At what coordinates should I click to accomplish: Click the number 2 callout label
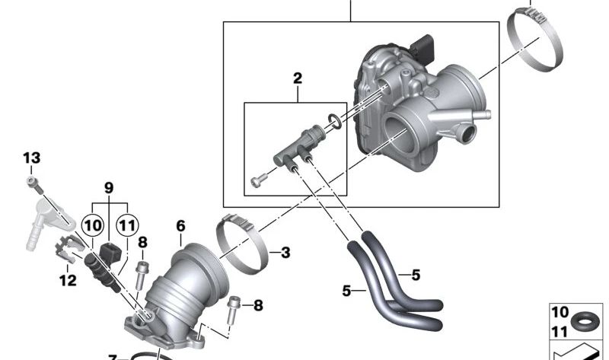click(297, 78)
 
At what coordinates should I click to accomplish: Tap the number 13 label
click(30, 158)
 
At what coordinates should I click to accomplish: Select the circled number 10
click(92, 225)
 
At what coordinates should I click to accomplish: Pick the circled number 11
click(127, 225)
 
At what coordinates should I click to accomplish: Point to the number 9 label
click(108, 187)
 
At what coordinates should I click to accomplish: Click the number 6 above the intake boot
click(180, 226)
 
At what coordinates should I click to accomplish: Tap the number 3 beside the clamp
click(285, 252)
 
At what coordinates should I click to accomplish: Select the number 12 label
click(68, 280)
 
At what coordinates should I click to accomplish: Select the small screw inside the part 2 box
click(257, 181)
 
